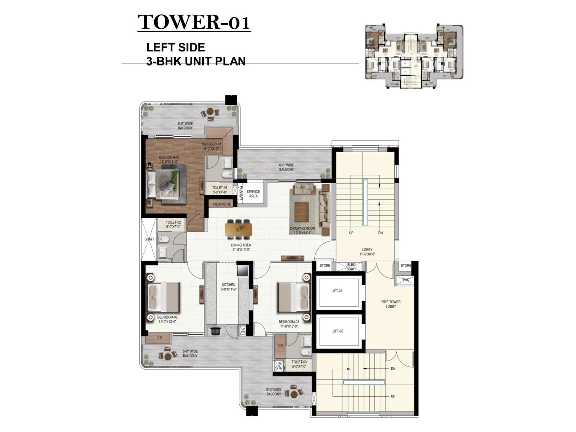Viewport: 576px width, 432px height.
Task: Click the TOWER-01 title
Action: (194, 22)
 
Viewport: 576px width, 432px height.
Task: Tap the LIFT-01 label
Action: (337, 291)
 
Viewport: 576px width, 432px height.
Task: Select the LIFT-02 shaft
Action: (338, 331)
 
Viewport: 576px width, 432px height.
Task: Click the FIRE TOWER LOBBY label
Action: (391, 304)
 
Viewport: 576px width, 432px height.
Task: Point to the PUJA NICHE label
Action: (221, 204)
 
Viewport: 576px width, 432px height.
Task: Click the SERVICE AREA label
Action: (253, 194)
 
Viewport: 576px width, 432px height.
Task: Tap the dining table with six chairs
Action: (238, 229)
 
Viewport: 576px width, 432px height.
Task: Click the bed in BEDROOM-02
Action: (164, 297)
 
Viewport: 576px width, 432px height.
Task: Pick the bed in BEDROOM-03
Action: (293, 297)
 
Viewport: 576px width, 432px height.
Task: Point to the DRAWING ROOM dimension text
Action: (302, 233)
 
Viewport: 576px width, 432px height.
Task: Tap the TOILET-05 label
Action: (219, 190)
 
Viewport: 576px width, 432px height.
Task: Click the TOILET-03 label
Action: (299, 364)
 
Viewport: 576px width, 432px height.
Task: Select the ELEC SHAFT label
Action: (351, 267)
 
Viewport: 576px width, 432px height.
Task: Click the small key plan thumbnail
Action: (414, 57)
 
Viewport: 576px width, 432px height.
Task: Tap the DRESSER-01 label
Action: (211, 146)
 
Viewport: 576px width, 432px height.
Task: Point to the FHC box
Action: (406, 280)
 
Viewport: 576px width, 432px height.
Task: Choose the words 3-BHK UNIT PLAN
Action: (196, 61)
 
